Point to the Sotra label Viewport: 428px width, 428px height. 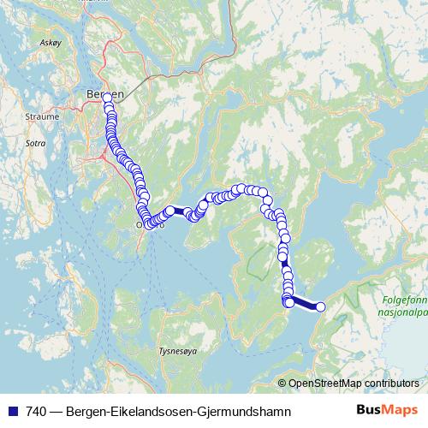(35, 142)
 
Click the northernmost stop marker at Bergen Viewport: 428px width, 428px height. (108, 99)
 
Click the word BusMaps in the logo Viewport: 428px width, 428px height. (387, 411)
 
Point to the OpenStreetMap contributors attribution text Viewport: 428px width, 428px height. (354, 383)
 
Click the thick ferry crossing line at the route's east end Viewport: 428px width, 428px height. (305, 304)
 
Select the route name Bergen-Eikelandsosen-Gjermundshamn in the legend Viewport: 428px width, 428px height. (178, 411)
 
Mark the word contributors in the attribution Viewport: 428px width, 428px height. (391, 383)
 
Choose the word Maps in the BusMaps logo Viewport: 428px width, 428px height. (401, 411)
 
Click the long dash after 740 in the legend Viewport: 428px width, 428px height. (55, 411)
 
